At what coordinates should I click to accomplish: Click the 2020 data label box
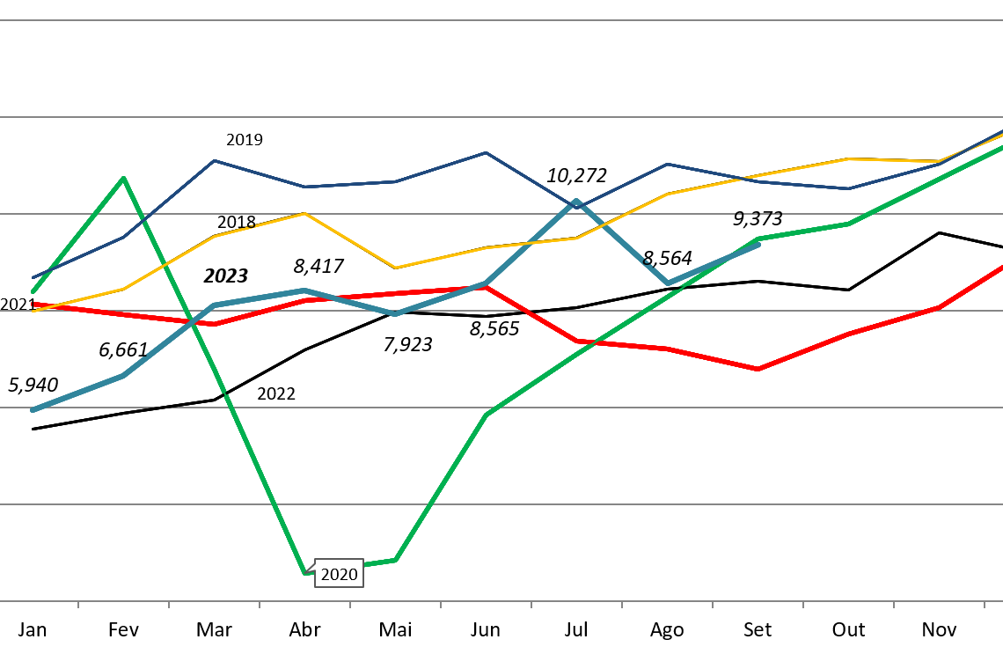(339, 574)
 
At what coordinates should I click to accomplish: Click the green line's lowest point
(305, 572)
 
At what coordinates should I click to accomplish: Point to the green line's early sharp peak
(124, 178)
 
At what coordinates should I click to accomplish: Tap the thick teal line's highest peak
(577, 202)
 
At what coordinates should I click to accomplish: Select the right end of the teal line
(758, 244)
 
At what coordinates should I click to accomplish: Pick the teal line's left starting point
(33, 410)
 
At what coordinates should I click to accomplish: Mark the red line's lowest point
(758, 369)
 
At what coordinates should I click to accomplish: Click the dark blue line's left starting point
(33, 278)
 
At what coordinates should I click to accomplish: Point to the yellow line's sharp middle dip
(395, 268)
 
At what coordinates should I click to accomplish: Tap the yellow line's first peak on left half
(304, 213)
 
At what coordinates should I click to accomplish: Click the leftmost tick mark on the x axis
(78, 605)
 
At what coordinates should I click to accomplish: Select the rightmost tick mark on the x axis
(984, 605)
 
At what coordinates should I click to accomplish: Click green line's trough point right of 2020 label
(395, 560)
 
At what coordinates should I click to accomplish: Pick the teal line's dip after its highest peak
(668, 283)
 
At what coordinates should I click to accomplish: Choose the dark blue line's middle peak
(486, 153)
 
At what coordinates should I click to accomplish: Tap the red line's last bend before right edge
(939, 307)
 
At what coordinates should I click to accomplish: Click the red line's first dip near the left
(214, 324)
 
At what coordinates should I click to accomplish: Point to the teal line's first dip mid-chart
(395, 314)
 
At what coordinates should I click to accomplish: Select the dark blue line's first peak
(214, 161)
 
